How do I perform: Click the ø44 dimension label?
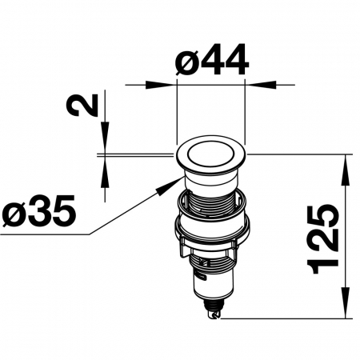point(212,59)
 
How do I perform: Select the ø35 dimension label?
point(38,211)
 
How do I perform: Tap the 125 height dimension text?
point(323,239)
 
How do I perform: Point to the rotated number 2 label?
point(82,105)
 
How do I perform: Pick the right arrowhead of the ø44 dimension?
point(260,85)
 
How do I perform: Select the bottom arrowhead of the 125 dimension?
point(346,303)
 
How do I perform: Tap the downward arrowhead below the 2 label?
point(105,138)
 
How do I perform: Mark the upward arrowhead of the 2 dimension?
point(105,172)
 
